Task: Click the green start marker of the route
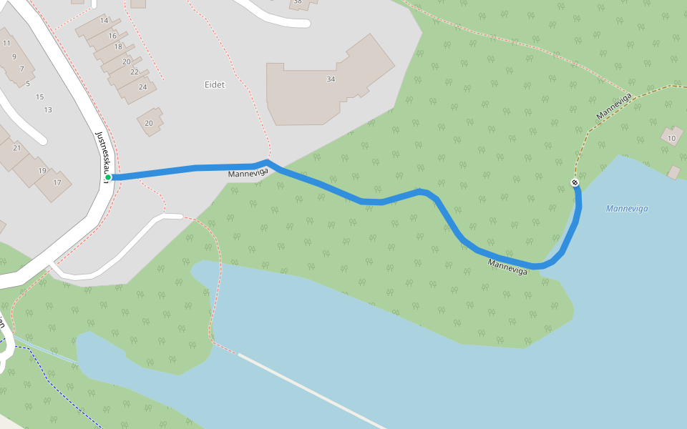coord(108,177)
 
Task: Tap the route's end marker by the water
coord(575,183)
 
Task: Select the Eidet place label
coord(214,84)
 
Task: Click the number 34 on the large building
coord(331,79)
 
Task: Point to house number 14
coord(104,20)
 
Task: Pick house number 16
coord(112,36)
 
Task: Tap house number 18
coord(119,46)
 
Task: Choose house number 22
coord(135,72)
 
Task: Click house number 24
coord(143,87)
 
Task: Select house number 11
coord(6,43)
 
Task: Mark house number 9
coord(14,56)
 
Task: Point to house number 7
coord(21,69)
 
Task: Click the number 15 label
coord(39,97)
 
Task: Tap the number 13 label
coord(48,110)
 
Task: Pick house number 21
coord(16,148)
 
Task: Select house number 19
coord(42,171)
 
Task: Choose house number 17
coord(57,183)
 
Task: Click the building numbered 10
coord(671,138)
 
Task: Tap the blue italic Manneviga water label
coord(626,209)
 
